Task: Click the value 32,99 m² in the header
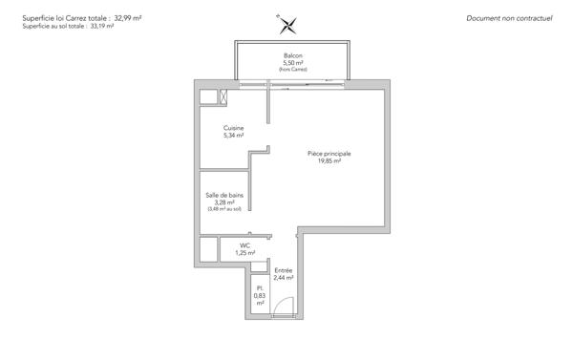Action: point(127,18)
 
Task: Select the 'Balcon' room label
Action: point(293,56)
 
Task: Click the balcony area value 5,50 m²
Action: point(293,63)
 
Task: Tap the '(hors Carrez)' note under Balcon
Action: point(293,70)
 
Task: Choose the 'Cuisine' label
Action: point(234,128)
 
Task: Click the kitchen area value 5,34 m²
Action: point(234,136)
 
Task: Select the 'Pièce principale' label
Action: point(329,154)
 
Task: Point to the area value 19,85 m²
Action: point(329,161)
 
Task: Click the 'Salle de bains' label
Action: point(224,194)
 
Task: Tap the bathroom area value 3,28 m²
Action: point(224,201)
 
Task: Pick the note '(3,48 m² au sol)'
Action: point(224,208)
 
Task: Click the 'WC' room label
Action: point(245,245)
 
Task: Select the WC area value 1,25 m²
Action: point(245,253)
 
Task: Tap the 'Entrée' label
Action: point(284,270)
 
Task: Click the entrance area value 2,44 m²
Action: point(284,278)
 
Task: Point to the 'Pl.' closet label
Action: point(259,288)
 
